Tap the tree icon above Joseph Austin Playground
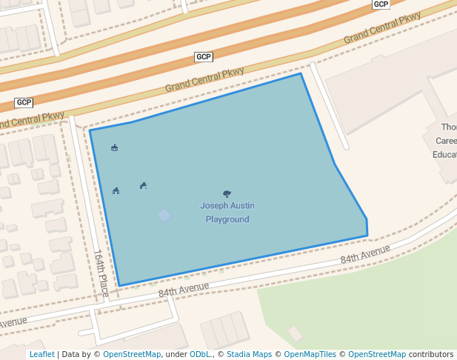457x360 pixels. [x=227, y=193]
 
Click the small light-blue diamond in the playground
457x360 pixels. [x=164, y=216]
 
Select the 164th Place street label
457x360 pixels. [x=101, y=273]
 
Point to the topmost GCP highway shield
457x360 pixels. [x=381, y=4]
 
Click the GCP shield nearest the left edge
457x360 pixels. [x=24, y=102]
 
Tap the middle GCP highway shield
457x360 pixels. [x=204, y=57]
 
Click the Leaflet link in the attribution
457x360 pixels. [x=42, y=355]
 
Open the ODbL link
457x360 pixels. [x=200, y=355]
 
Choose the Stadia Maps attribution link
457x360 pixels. [x=249, y=355]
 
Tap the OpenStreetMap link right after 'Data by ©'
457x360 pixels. [x=132, y=355]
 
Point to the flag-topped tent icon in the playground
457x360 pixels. [x=114, y=148]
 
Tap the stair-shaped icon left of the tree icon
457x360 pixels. [x=143, y=185]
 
